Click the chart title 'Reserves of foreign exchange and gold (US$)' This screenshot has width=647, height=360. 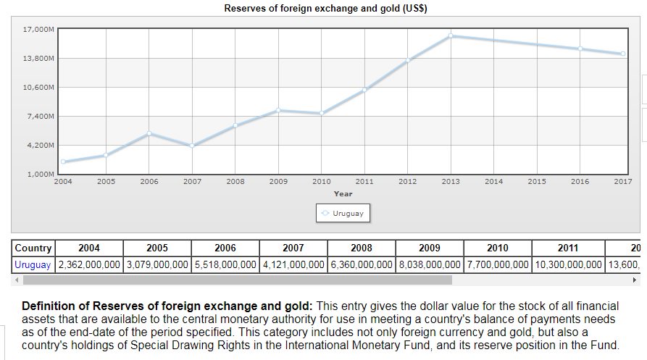[325, 9]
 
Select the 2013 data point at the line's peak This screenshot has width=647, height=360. [451, 35]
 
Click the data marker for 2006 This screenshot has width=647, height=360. [149, 133]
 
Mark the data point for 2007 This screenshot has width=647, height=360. [192, 146]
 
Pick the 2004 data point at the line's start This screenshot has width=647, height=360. [63, 162]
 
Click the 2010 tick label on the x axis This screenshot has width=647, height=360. [321, 182]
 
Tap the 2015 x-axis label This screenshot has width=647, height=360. [537, 182]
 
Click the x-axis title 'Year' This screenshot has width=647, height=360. [343, 194]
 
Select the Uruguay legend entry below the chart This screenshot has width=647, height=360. [343, 214]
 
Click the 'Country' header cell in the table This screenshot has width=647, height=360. [33, 248]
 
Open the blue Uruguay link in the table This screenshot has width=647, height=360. [33, 264]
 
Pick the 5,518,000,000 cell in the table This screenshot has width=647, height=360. [225, 264]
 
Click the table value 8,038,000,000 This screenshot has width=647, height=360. [430, 264]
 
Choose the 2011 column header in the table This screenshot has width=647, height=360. [568, 248]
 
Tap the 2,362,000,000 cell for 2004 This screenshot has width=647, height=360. [89, 264]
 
